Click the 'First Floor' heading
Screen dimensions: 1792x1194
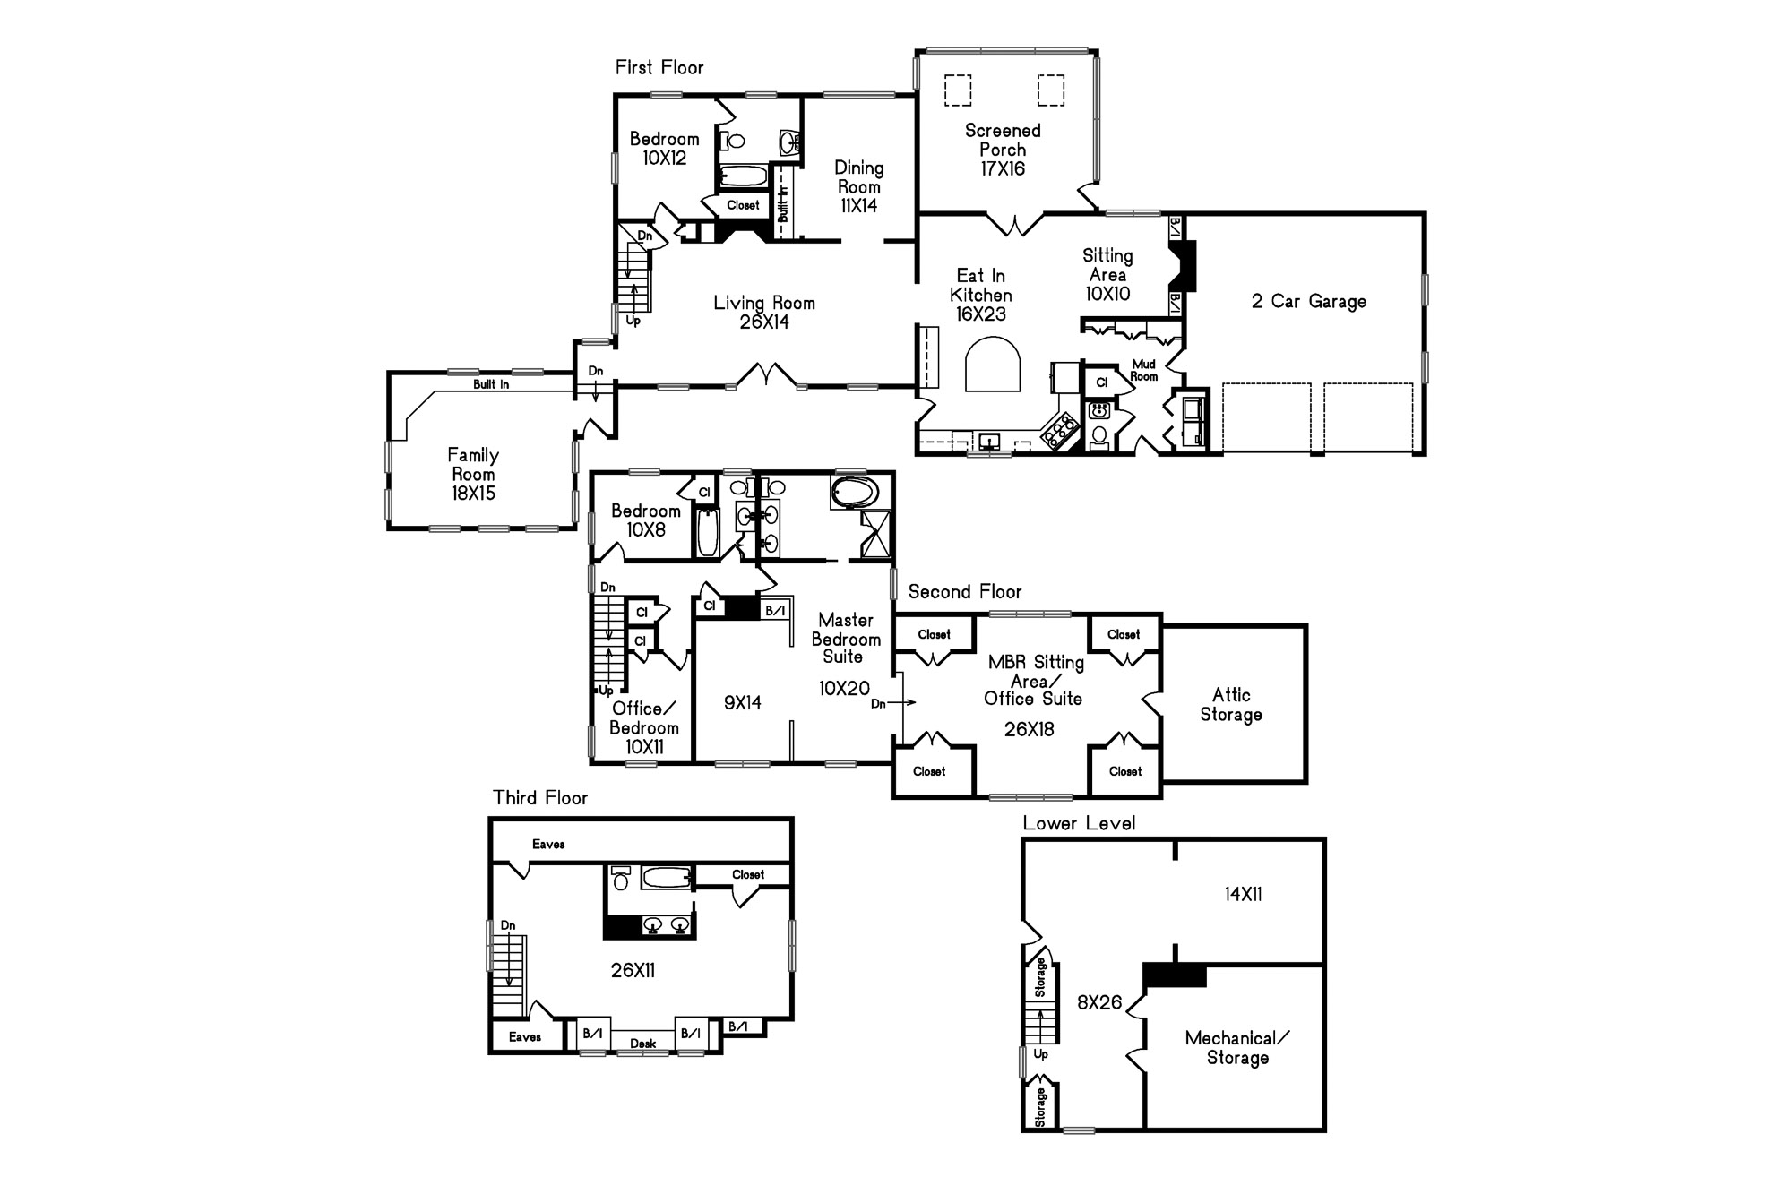tap(659, 67)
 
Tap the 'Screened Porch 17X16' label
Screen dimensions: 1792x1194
tap(1003, 150)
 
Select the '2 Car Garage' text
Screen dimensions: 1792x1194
tap(1309, 302)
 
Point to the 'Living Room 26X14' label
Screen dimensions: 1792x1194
tap(764, 313)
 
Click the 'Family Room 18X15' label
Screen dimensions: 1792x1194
tap(473, 474)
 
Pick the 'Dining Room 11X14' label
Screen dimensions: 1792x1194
tap(858, 186)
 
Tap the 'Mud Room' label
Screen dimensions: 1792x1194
tap(1144, 370)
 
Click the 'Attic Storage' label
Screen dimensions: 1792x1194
tap(1231, 705)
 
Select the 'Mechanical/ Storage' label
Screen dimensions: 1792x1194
tap(1237, 1048)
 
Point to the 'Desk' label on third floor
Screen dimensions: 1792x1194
tap(642, 1044)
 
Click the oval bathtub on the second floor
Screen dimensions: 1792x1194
tap(856, 493)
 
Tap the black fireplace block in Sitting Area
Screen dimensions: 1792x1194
tap(1185, 265)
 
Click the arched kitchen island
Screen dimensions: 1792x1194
tap(993, 364)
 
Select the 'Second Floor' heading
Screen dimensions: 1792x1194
tap(965, 592)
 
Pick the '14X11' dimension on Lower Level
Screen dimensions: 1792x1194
tap(1243, 894)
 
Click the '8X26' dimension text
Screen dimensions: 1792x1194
tap(1099, 1003)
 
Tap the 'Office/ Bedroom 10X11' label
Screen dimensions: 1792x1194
tap(643, 727)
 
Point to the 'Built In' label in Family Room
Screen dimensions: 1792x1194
tap(491, 384)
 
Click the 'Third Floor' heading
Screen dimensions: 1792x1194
tap(540, 798)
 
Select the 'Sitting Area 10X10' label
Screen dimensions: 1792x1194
tap(1107, 275)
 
